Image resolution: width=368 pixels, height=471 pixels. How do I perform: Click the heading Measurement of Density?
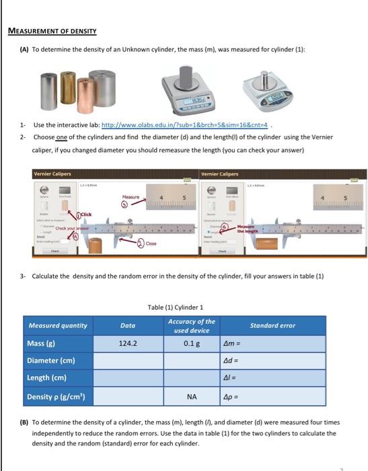click(x=52, y=31)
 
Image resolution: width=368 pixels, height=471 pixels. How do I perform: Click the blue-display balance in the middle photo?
click(x=186, y=89)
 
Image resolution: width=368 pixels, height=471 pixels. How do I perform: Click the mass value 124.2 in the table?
click(x=127, y=343)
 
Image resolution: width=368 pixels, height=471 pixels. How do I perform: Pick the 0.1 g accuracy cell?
click(x=191, y=343)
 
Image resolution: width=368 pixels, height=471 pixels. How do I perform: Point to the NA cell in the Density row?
click(x=191, y=396)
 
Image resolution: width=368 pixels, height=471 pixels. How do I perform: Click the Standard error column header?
click(x=272, y=326)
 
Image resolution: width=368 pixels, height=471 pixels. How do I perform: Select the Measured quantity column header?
click(x=58, y=326)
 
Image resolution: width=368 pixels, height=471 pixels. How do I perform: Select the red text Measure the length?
click(x=248, y=230)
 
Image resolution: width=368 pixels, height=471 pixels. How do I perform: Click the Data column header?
click(x=127, y=326)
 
